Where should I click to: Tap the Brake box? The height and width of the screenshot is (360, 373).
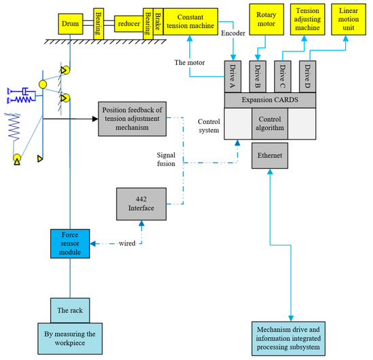[157, 22]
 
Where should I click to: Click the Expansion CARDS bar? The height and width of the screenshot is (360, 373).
[271, 100]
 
